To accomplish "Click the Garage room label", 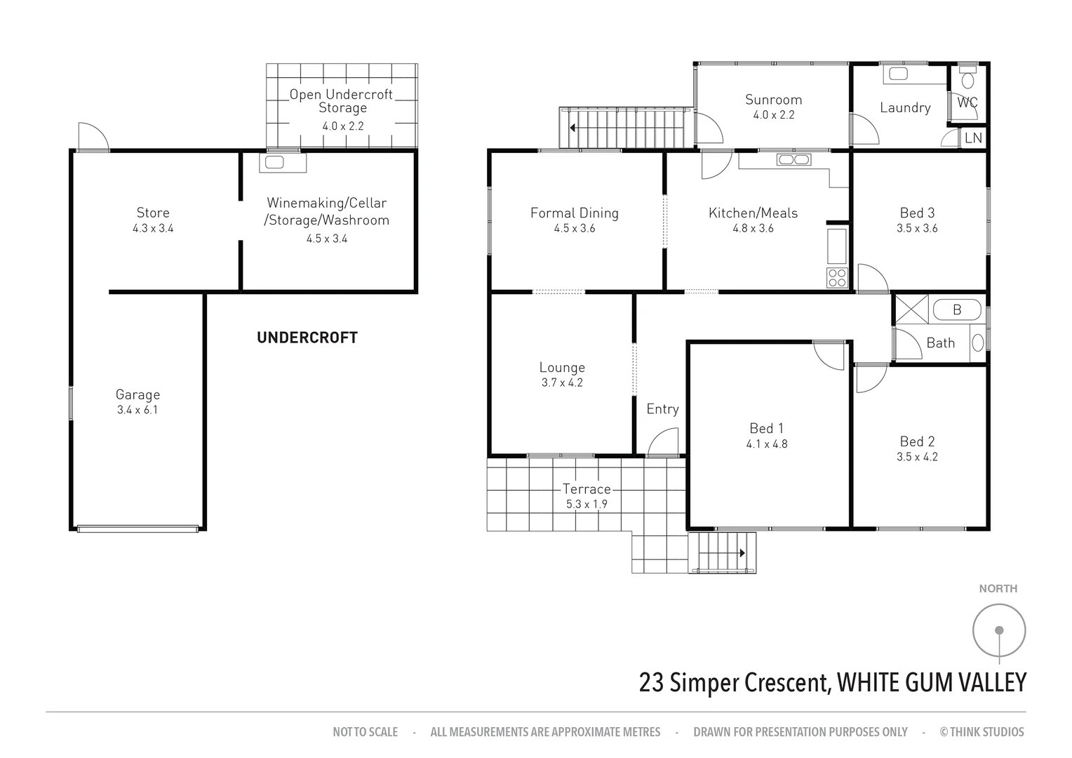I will coord(138,395).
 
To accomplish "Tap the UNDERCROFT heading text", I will coord(307,338).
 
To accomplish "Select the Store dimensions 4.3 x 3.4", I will coord(152,228).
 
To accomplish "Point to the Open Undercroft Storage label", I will coord(342,101).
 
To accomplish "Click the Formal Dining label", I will coord(574,213).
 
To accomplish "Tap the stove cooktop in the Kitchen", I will coord(837,277).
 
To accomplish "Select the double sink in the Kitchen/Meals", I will coord(793,159).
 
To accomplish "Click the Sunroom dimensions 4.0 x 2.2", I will coord(773,115).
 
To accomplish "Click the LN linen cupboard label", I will coord(973,138).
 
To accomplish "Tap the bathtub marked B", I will coord(957,309).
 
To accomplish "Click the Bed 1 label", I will coord(766,428).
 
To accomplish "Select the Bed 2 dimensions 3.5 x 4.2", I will coord(917,456).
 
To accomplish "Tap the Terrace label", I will coord(586,489).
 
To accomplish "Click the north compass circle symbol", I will coord(999,630).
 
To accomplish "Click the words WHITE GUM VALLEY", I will coord(932,682).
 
